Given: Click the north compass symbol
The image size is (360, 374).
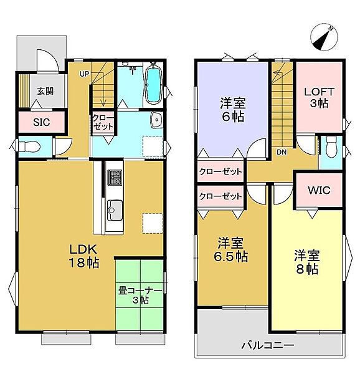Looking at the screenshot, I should pos(326,37).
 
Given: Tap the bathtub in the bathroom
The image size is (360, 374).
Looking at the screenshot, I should pos(153,86).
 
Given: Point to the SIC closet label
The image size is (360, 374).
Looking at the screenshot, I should pos(42,122).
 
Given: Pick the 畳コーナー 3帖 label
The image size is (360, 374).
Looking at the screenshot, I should pos(140,295).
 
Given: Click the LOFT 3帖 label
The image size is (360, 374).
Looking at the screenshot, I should pos(320,98).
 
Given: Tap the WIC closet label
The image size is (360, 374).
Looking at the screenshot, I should pos(319,190).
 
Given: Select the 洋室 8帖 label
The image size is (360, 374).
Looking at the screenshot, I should pos(307,262).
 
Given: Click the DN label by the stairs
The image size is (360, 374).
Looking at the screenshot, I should pos(282,151).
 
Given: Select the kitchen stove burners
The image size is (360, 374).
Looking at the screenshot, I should pos(115,177).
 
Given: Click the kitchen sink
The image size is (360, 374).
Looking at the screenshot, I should pos(115,208).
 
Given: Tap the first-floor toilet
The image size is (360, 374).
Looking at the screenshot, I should pos(29,147).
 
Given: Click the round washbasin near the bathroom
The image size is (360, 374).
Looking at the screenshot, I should pos(156,120).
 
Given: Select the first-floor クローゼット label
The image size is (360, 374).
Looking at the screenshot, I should pos(102,122).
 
